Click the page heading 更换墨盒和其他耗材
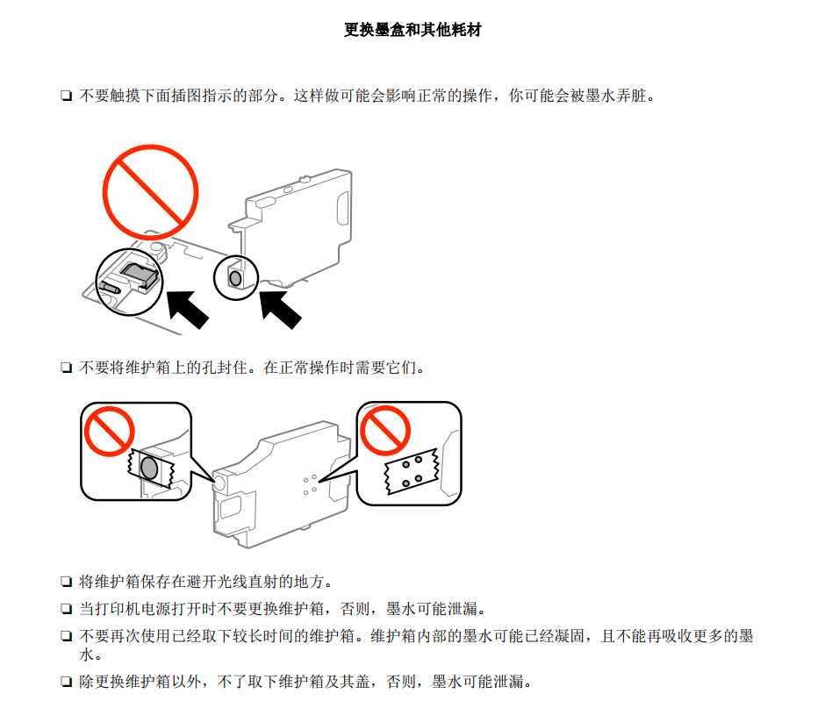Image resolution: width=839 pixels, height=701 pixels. pyautogui.click(x=412, y=30)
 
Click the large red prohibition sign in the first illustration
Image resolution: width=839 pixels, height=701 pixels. pyautogui.click(x=150, y=192)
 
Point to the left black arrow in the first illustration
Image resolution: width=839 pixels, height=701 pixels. pyautogui.click(x=187, y=309)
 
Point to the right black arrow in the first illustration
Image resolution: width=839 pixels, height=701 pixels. pyautogui.click(x=280, y=309)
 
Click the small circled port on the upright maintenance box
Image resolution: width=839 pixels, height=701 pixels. pyautogui.click(x=235, y=278)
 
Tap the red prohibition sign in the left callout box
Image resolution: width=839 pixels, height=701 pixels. pyautogui.click(x=109, y=432)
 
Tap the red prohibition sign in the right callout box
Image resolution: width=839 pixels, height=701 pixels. pyautogui.click(x=385, y=430)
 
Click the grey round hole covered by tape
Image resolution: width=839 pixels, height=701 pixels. pyautogui.click(x=149, y=468)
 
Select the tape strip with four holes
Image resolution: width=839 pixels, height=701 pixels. pyautogui.click(x=412, y=471)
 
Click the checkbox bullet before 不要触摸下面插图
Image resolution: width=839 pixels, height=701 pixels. pyautogui.click(x=66, y=97)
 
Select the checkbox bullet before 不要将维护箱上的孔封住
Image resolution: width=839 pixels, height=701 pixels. pyautogui.click(x=66, y=368)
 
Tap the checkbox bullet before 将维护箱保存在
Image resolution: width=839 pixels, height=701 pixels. pyautogui.click(x=66, y=582)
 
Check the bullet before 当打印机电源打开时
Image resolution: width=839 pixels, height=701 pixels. pyautogui.click(x=66, y=608)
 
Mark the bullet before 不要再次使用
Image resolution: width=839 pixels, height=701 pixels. pyautogui.click(x=66, y=636)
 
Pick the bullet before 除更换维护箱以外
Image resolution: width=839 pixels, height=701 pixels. pyautogui.click(x=66, y=682)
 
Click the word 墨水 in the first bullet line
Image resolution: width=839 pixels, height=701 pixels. pyautogui.click(x=600, y=96)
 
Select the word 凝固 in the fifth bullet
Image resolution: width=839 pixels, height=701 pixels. pyautogui.click(x=570, y=636)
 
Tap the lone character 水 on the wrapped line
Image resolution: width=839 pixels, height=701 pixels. pyautogui.click(x=87, y=655)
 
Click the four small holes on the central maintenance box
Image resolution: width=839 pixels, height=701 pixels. pyautogui.click(x=311, y=484)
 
